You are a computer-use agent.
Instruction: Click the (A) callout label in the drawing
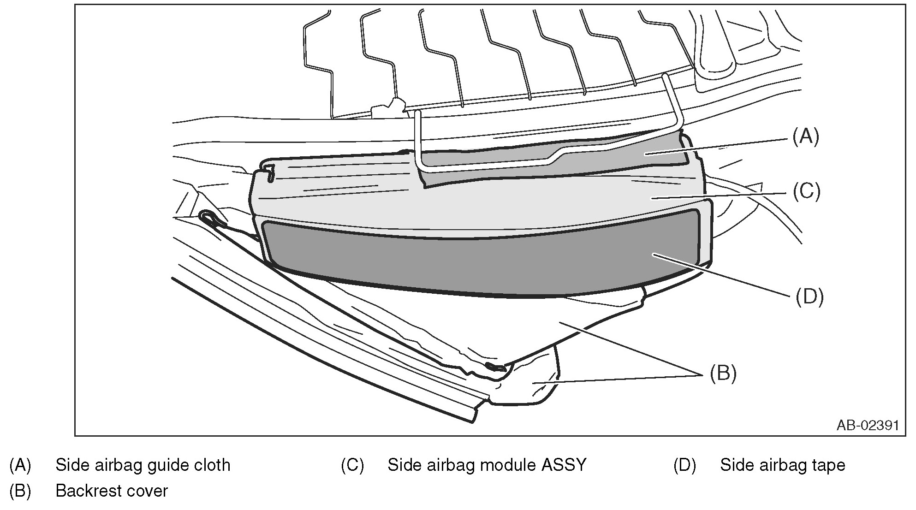click(x=805, y=137)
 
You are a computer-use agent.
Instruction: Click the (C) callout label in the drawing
click(x=806, y=191)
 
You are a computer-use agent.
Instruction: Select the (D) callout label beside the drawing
click(x=809, y=297)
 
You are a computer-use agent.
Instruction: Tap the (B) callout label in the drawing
click(x=722, y=373)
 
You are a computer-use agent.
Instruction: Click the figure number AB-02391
click(x=868, y=425)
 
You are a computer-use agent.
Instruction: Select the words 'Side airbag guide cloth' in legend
click(x=143, y=465)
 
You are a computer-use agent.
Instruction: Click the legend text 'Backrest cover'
click(x=112, y=491)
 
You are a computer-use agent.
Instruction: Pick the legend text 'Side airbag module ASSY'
click(x=487, y=465)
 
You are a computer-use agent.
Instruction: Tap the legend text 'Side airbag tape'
click(x=782, y=465)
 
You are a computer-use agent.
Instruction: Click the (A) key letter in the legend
click(x=20, y=465)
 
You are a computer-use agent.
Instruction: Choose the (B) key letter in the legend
click(x=20, y=491)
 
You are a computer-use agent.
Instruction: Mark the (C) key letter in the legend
click(x=352, y=465)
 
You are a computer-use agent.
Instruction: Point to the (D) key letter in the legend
click(x=684, y=465)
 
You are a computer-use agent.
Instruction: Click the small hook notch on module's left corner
click(x=269, y=174)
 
